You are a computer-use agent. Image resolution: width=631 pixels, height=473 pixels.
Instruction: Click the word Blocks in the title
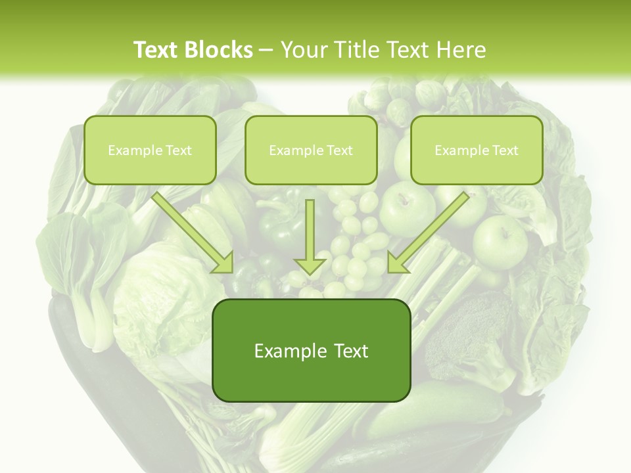point(218,50)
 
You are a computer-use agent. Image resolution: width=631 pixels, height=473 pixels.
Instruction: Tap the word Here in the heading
point(461,50)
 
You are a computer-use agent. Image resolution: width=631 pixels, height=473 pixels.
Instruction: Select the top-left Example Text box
point(150,150)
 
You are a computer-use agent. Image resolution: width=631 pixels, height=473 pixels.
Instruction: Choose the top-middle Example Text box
point(311,150)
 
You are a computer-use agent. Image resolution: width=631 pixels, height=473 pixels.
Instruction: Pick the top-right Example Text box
point(477,150)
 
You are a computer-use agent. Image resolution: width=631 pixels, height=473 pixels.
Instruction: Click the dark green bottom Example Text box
point(311,351)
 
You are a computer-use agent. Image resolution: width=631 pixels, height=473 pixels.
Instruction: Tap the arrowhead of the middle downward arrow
point(310,265)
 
